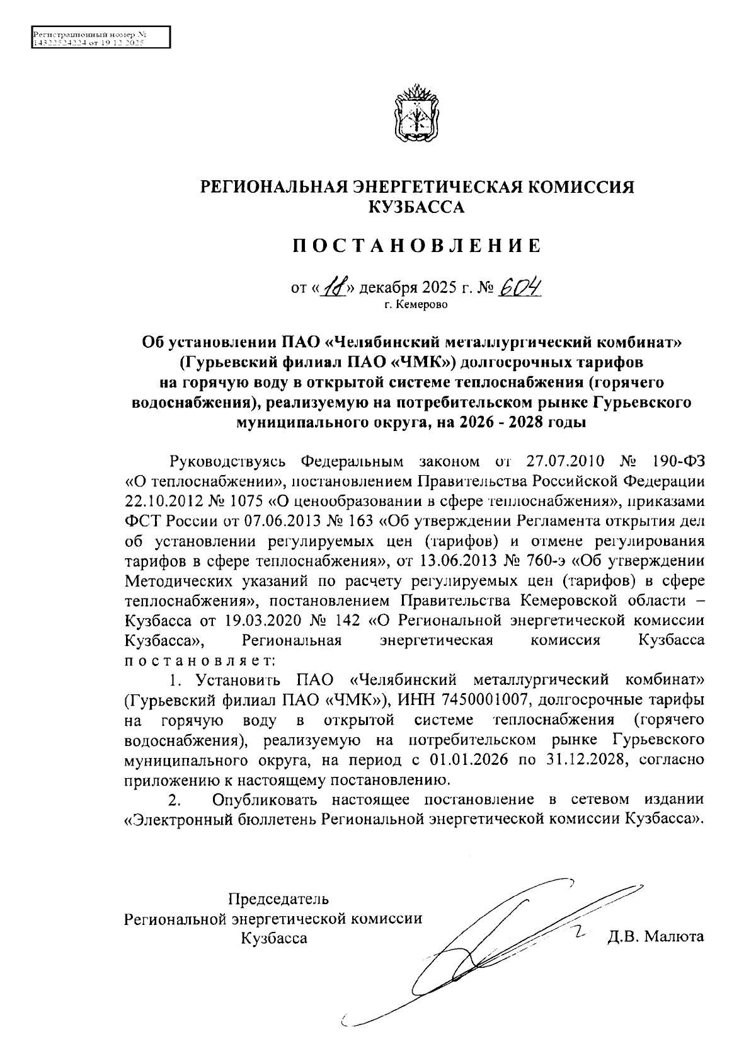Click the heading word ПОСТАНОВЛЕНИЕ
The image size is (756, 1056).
coord(416,246)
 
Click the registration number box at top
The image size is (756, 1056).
coord(101,37)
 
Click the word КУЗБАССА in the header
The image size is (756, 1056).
coord(416,207)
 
